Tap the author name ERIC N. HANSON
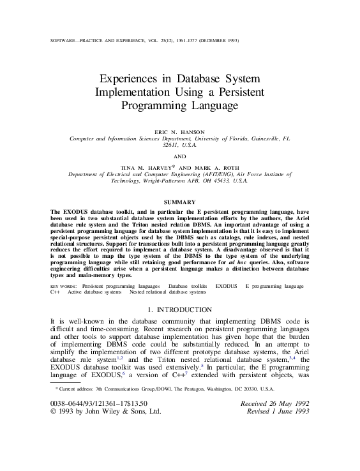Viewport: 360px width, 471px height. (179, 130)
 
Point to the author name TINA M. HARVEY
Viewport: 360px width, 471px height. (150, 165)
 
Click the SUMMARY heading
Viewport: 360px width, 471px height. (179, 202)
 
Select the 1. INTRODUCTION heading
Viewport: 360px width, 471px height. (179, 310)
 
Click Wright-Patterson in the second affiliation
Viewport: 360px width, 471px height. (156, 181)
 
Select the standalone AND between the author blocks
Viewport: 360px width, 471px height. (179, 155)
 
